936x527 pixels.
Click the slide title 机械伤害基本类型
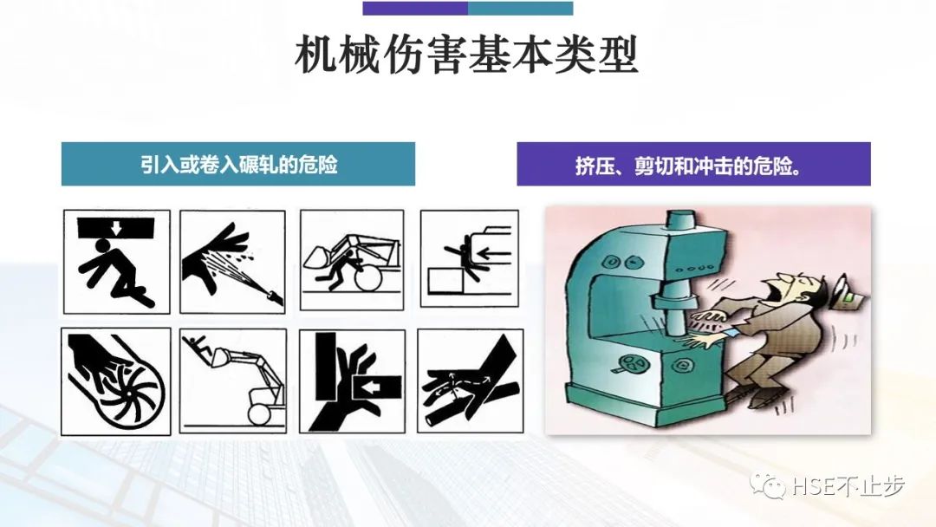pos(467,57)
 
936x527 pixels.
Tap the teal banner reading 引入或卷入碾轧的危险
pos(237,165)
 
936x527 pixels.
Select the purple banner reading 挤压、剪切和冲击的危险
pos(693,165)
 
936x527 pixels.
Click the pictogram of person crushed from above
pos(116,261)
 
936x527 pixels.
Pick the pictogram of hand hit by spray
pos(232,261)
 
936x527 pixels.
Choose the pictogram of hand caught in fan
pos(116,381)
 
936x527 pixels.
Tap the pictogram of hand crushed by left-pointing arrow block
pos(352,381)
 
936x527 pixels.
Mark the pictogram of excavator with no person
pos(232,381)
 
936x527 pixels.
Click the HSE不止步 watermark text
pos(845,488)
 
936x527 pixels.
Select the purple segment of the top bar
pos(415,9)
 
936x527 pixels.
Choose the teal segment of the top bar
pos(520,9)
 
